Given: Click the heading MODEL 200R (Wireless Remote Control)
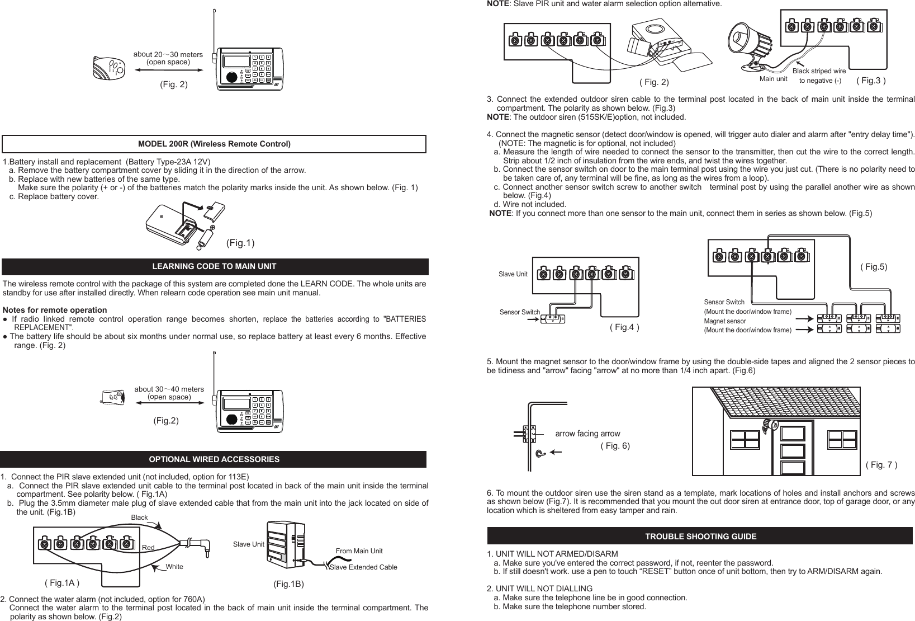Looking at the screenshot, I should coord(214,144).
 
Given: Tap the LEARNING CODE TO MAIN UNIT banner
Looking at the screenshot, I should coord(214,266).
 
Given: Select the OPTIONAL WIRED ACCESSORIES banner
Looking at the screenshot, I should coord(214,459).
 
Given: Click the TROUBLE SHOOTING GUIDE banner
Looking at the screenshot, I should coord(700,536).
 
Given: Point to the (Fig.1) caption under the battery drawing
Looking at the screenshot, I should coord(240,243).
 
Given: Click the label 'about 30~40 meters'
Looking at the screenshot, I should coord(169,389).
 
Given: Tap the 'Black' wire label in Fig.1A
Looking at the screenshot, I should coord(139,517).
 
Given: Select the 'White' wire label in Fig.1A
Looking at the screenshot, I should coord(174,567).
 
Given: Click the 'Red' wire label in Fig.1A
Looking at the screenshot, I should coord(148,547).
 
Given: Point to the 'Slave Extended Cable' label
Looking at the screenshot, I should coord(363,567).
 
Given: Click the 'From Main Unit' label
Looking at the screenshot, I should coord(359,551).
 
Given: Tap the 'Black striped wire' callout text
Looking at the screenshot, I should coord(819,71).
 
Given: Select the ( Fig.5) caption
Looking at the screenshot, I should coord(873,267).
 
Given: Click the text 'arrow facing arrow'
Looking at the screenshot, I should coord(587,434).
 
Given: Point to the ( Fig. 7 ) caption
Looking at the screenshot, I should coord(881,465).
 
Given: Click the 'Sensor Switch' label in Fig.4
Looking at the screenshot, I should coord(519,312).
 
